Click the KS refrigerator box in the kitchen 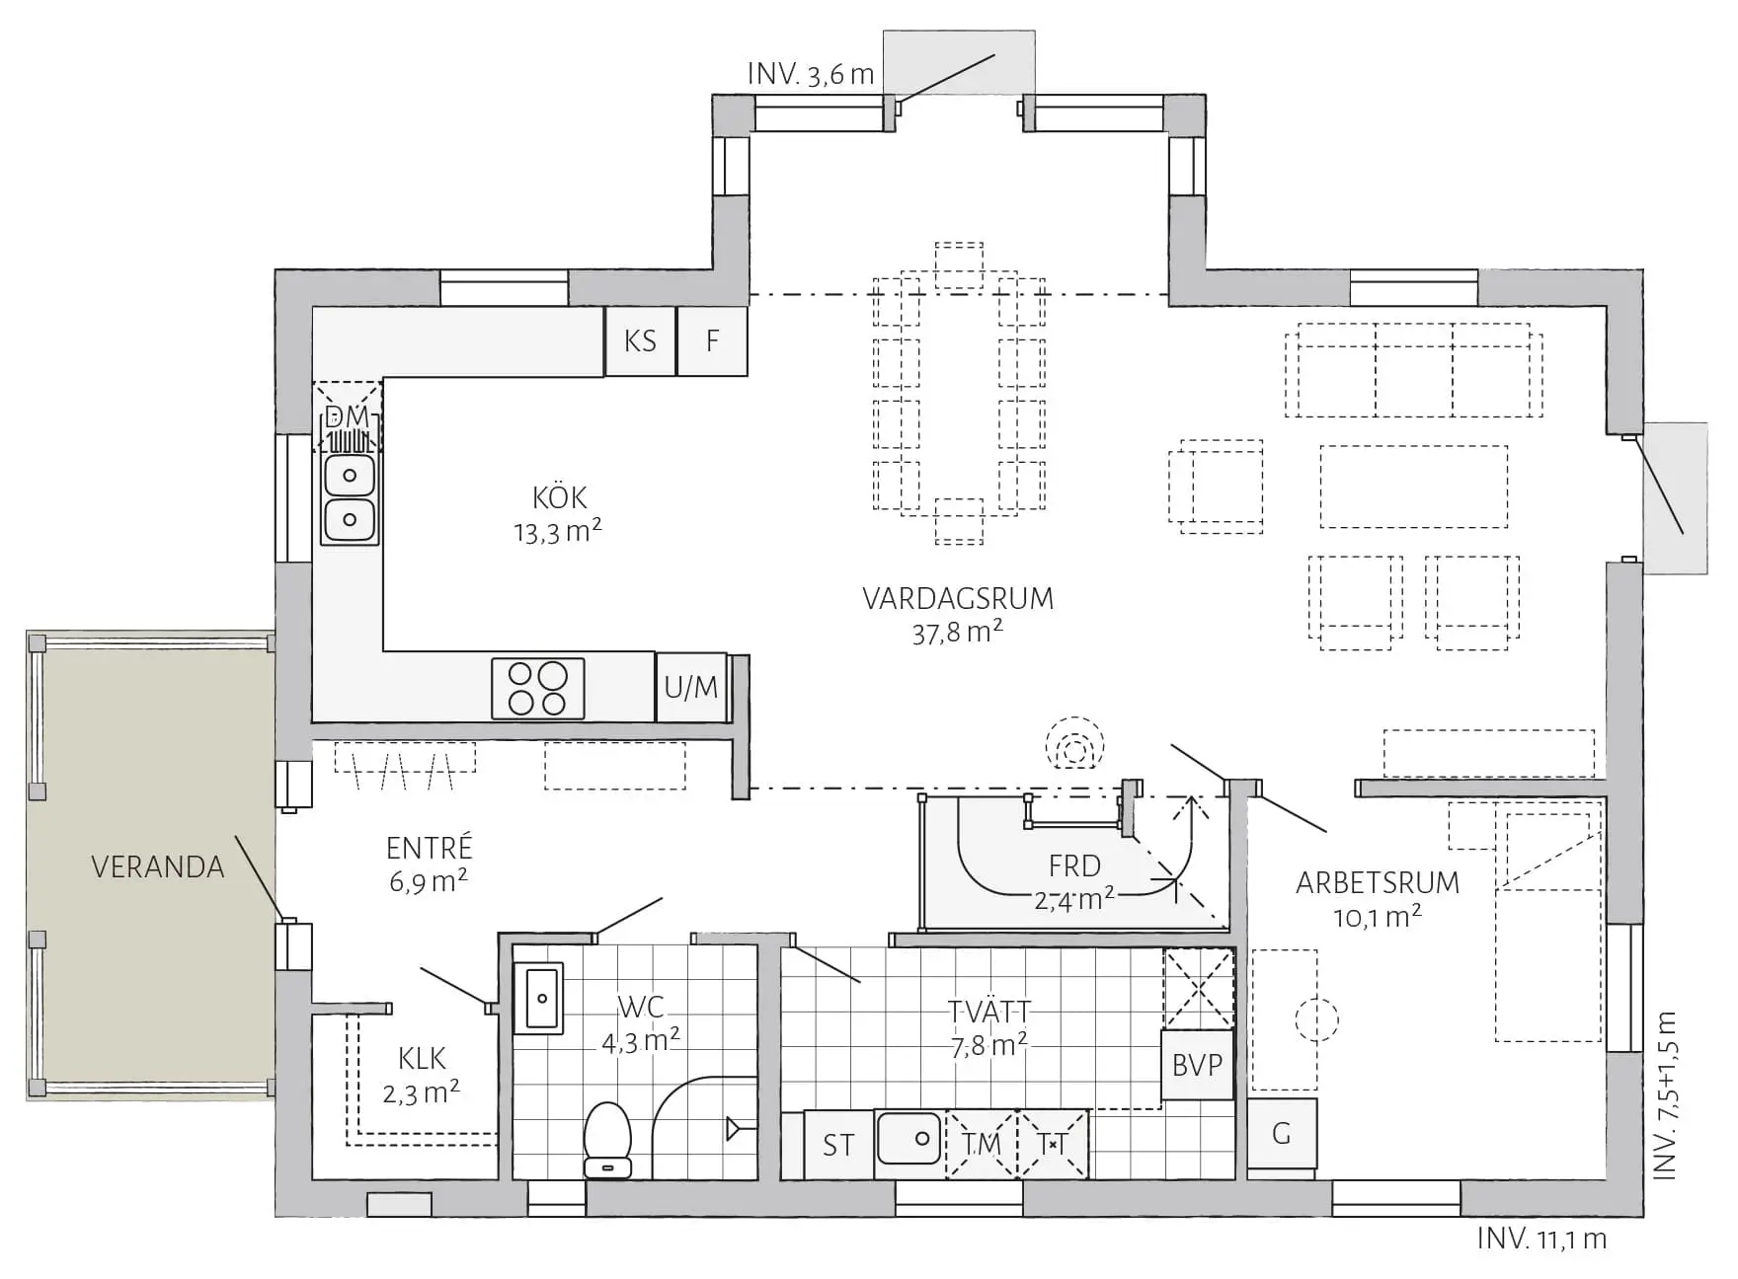pos(640,340)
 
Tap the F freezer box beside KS pos(712,340)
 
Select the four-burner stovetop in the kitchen pos(538,688)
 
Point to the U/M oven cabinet pos(691,687)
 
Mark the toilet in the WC pos(608,1140)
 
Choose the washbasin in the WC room pos(538,998)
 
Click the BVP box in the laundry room pos(1198,1065)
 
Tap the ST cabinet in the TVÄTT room pos(838,1145)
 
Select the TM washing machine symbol pos(982,1145)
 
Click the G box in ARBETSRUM pos(1282,1134)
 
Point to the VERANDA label pos(158,866)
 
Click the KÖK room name pos(560,496)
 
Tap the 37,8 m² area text pos(958,632)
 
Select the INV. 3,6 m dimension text pos(811,74)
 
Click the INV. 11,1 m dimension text pos(1542,1239)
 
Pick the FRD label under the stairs pos(1074,865)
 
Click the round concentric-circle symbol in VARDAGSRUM pos(1075,743)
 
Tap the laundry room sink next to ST pos(909,1140)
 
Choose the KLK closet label pos(423,1059)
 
